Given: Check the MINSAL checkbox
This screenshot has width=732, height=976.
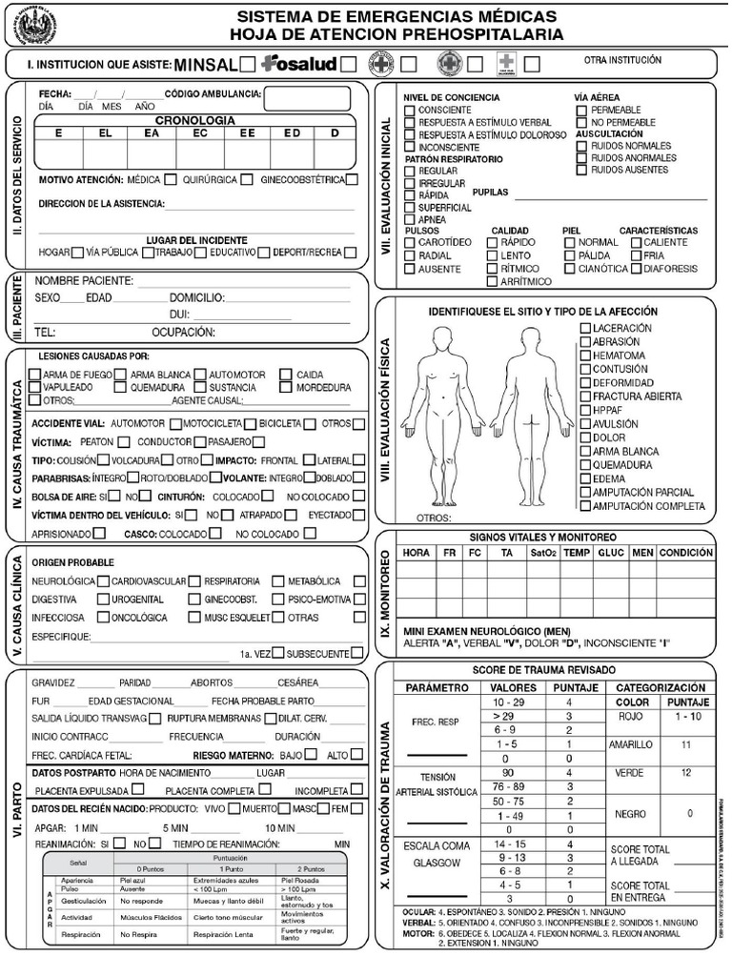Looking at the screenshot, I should click(x=247, y=64).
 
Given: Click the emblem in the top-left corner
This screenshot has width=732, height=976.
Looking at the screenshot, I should click(x=31, y=24).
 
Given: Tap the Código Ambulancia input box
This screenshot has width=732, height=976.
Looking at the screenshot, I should click(x=308, y=99).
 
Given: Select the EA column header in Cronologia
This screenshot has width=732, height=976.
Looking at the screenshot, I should click(x=152, y=133).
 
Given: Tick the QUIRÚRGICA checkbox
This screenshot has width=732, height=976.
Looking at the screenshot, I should click(x=247, y=178).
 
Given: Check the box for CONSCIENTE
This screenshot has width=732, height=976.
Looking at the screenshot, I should click(x=410, y=111).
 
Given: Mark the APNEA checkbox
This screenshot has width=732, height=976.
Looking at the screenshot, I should click(x=410, y=219).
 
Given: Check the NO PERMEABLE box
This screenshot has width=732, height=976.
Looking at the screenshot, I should click(x=581, y=123).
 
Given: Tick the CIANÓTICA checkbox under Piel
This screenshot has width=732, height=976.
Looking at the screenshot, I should click(x=570, y=269).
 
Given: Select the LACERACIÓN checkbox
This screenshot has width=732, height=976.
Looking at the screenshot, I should click(x=585, y=328).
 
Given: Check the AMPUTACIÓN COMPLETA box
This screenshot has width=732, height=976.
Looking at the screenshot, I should click(x=585, y=506).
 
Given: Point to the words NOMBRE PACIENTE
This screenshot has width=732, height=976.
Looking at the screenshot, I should click(x=85, y=282).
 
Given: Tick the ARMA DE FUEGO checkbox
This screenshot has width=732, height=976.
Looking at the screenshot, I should click(x=35, y=375).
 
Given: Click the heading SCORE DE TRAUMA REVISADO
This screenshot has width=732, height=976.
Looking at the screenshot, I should click(x=544, y=670).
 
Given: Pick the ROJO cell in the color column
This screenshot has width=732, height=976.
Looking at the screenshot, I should click(x=631, y=715).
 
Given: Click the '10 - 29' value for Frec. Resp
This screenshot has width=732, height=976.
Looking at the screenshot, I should click(x=505, y=701).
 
